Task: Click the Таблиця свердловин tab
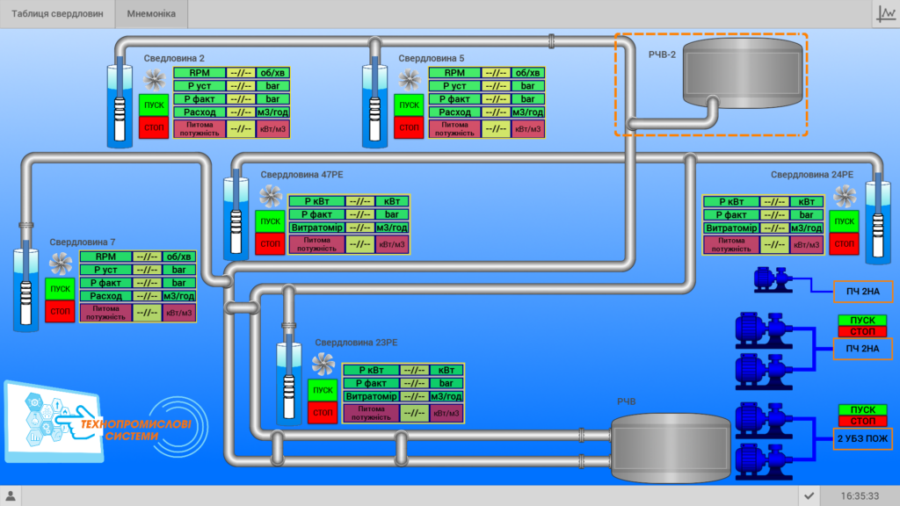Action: pyautogui.click(x=57, y=14)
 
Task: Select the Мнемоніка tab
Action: pyautogui.click(x=151, y=14)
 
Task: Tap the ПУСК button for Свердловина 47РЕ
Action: pyautogui.click(x=271, y=221)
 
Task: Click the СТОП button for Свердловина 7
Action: pyautogui.click(x=61, y=312)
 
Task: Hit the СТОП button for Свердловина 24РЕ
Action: pyautogui.click(x=844, y=244)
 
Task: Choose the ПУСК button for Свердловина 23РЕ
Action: pyautogui.click(x=323, y=390)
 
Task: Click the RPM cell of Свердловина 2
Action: pyautogui.click(x=200, y=73)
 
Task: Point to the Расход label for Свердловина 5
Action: pyautogui.click(x=454, y=112)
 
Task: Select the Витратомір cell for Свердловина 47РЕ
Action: pyautogui.click(x=316, y=228)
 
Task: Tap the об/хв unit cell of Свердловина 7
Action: pyautogui.click(x=178, y=257)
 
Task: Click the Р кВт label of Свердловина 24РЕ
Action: pyautogui.click(x=732, y=202)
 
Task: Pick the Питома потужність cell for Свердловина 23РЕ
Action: pyautogui.click(x=372, y=413)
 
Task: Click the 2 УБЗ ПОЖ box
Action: pyautogui.click(x=863, y=439)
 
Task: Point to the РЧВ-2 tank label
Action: pyautogui.click(x=662, y=54)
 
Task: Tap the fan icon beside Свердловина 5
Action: pyautogui.click(x=410, y=80)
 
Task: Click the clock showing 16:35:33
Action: pyautogui.click(x=860, y=496)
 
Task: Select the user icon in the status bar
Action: pyautogui.click(x=11, y=495)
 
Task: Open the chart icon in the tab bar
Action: pyautogui.click(x=886, y=14)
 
